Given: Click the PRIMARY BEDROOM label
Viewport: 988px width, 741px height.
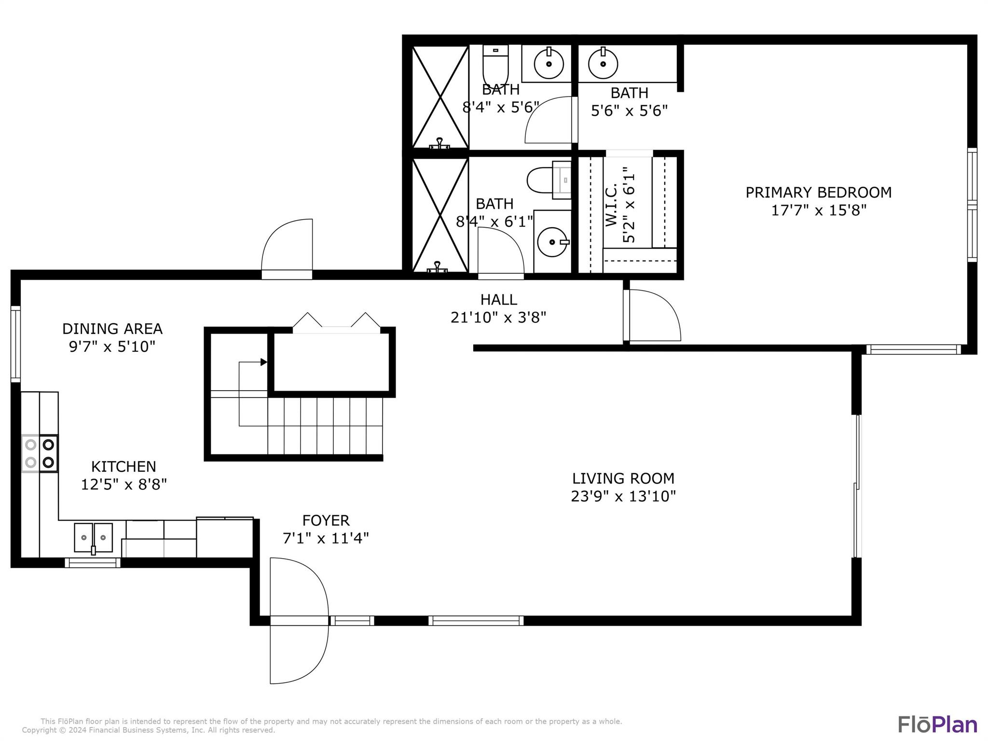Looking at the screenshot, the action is (x=818, y=192).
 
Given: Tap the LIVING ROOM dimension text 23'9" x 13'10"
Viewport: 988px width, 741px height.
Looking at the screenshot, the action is (x=623, y=496).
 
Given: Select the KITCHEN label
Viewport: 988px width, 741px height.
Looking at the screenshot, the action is (x=123, y=467).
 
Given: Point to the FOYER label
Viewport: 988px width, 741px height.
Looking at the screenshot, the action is (x=326, y=521).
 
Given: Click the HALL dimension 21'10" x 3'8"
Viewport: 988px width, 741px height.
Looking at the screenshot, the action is (x=498, y=317).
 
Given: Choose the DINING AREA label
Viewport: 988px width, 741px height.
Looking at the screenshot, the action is (x=112, y=329).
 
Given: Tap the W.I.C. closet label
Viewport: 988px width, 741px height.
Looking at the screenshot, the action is (x=611, y=205).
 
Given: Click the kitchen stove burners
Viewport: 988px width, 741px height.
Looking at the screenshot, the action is (x=40, y=453).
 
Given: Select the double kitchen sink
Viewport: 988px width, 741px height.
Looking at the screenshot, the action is (x=93, y=537).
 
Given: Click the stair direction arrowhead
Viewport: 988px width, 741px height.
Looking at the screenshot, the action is (x=264, y=362).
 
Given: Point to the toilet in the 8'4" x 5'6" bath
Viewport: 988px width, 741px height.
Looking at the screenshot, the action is (x=495, y=66).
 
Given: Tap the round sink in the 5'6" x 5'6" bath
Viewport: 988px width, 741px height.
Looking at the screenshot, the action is (x=603, y=63).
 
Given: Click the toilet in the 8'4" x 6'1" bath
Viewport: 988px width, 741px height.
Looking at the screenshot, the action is (x=549, y=180).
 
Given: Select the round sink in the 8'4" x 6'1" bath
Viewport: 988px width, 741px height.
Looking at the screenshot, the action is (x=552, y=242).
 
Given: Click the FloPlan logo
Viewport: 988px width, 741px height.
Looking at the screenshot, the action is (x=937, y=725).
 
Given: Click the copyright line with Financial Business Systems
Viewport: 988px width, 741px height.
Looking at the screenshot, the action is (x=148, y=730).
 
